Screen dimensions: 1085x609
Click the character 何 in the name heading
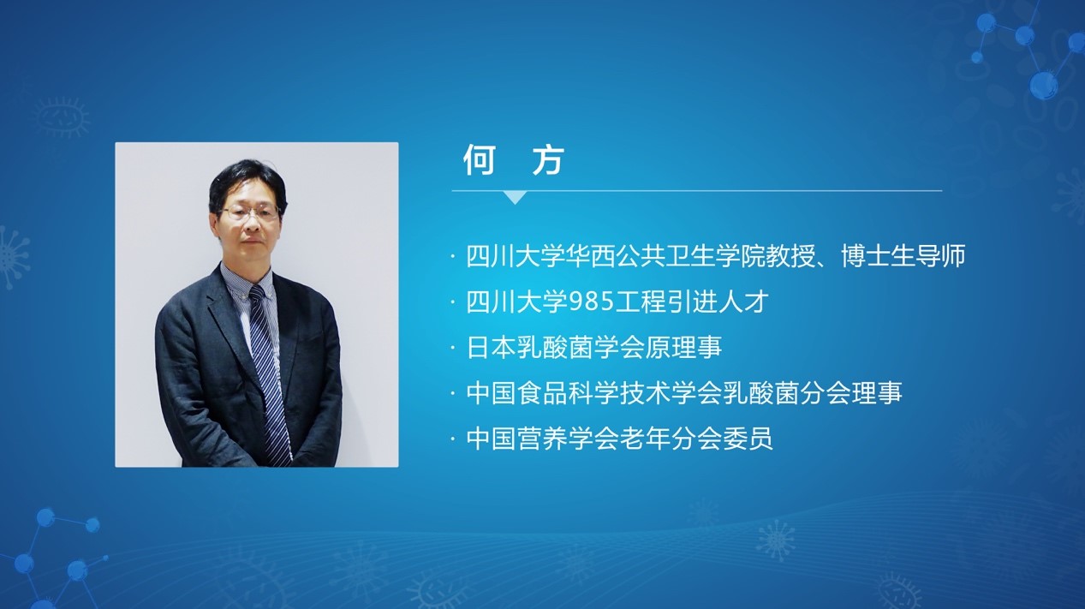[479, 160]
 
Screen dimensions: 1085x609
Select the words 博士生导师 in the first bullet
[903, 256]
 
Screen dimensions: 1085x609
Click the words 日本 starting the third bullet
[492, 347]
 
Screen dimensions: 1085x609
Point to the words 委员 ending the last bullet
[748, 438]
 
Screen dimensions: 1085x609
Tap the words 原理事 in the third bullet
[684, 347]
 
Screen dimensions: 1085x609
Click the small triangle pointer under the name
[515, 197]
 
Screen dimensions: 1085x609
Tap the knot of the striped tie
[257, 294]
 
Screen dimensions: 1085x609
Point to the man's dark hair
[247, 179]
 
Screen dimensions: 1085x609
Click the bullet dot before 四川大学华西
[453, 256]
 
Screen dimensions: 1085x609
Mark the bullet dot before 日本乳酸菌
[453, 348]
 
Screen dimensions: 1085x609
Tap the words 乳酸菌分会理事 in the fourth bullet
[813, 392]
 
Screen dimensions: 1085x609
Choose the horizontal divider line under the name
[697, 191]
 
